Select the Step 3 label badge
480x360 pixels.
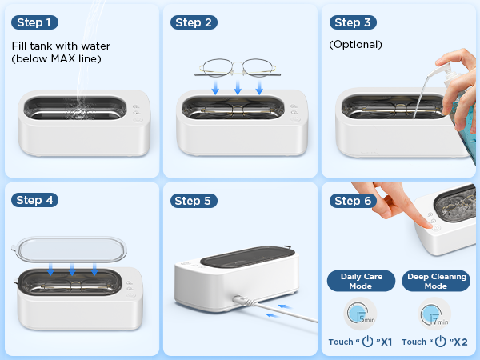coord(354,22)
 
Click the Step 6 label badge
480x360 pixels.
coord(354,200)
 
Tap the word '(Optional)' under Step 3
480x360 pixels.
coord(356,45)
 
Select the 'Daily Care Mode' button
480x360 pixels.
coord(362,281)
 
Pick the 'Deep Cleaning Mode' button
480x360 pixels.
coord(436,281)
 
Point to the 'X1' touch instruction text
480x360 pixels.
coord(361,342)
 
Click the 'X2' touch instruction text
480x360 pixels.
coord(435,342)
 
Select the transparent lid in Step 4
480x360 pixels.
coord(72,250)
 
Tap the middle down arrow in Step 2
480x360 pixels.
coord(238,86)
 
